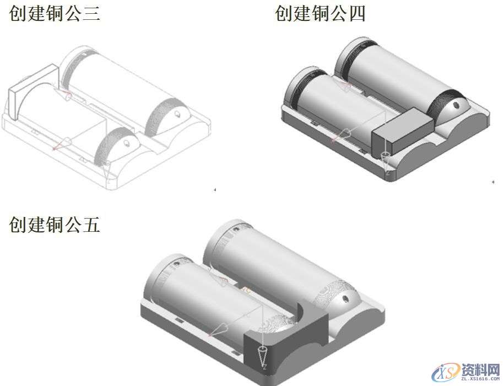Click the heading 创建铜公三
click(x=55, y=13)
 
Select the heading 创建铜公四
click(x=320, y=13)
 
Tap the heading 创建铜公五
click(x=55, y=225)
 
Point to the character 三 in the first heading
click(x=91, y=13)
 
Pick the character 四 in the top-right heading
click(x=356, y=13)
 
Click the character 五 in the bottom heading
click(x=91, y=225)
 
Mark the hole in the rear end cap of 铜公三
click(x=177, y=114)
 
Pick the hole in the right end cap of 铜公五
click(x=345, y=300)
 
